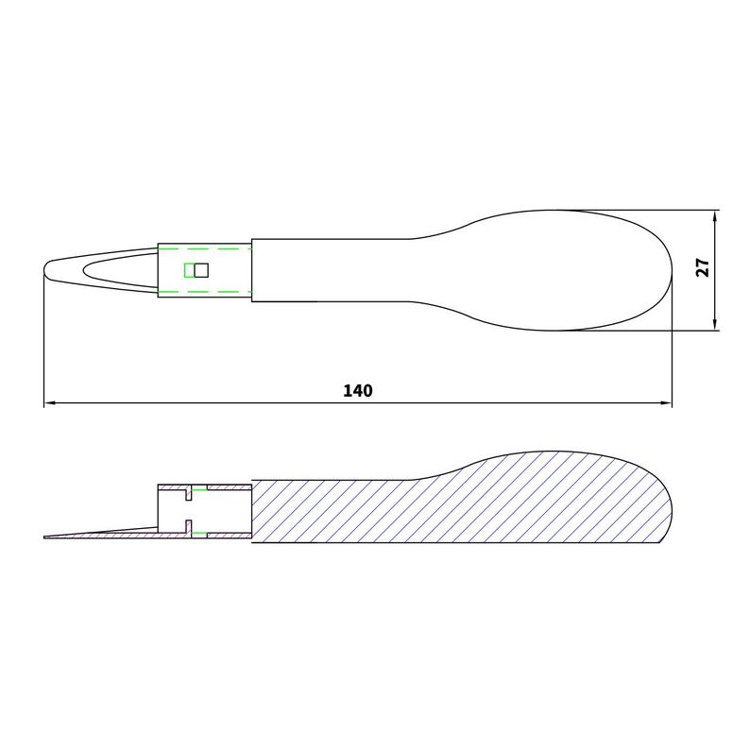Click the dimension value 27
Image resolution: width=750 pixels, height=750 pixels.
[x=702, y=267]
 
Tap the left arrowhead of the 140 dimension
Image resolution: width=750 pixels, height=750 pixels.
[x=50, y=403]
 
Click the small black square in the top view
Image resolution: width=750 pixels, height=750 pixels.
[x=200, y=270]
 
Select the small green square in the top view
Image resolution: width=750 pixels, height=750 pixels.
[x=189, y=270]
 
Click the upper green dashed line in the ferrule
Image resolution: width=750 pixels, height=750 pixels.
[x=204, y=247]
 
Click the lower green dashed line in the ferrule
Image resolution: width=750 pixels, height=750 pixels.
[x=204, y=294]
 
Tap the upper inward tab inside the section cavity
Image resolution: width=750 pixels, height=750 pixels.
[x=191, y=494]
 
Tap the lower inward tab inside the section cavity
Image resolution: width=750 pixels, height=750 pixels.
[x=191, y=527]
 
